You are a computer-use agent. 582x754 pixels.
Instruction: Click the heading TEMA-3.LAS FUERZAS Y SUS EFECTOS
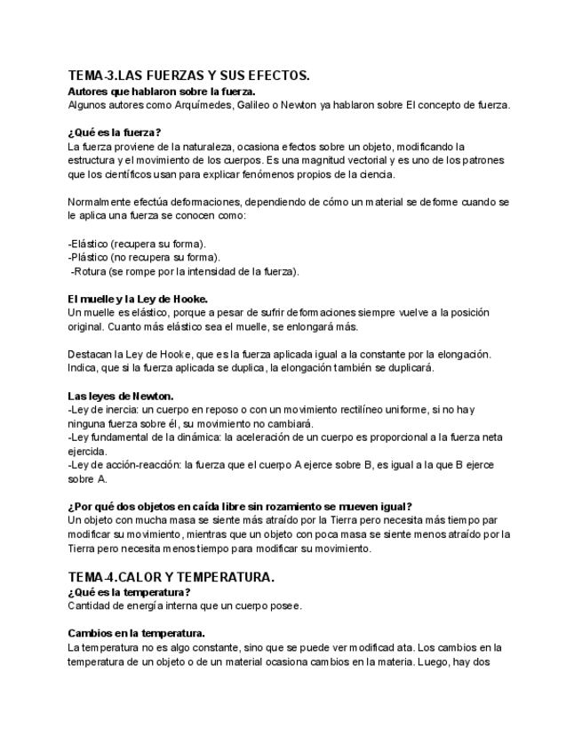(x=188, y=76)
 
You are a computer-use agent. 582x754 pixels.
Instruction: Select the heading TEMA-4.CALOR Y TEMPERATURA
(x=171, y=577)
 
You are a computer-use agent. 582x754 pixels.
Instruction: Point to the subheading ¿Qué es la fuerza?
(x=115, y=132)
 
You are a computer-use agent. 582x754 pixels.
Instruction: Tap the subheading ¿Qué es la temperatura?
(x=129, y=592)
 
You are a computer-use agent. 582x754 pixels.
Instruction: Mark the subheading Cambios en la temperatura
(x=136, y=633)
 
